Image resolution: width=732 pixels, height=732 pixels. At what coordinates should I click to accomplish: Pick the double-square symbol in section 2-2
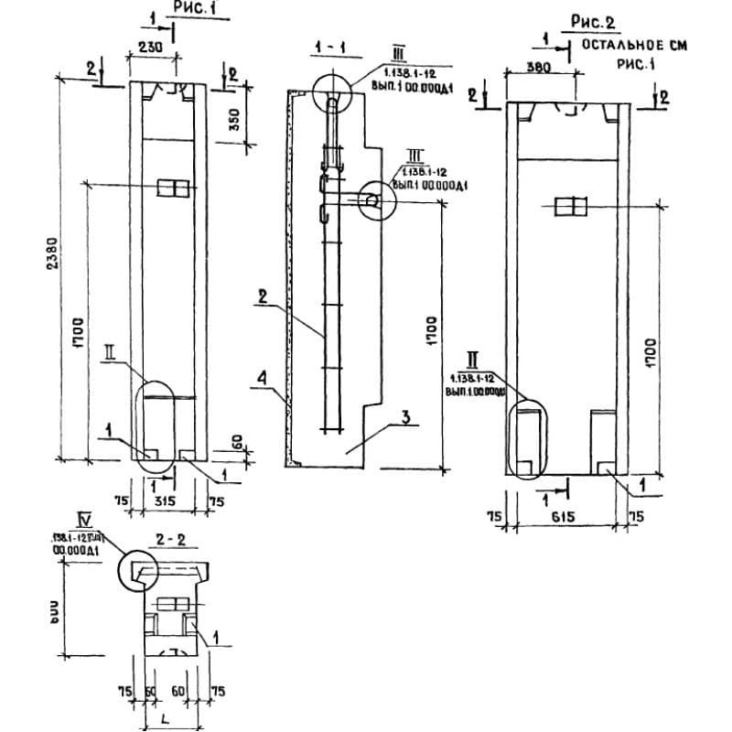point(172,605)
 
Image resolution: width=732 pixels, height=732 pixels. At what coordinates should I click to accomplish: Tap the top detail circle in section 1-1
point(330,93)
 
